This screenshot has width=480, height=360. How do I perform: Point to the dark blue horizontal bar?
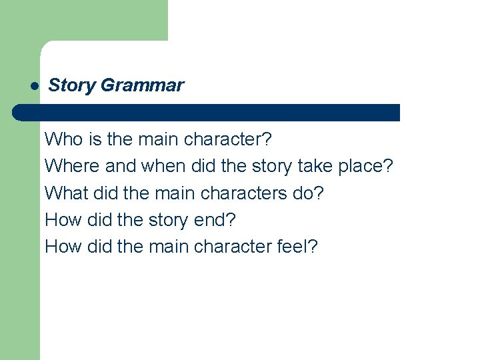[207, 112]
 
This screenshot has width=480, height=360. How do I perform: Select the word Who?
[61, 140]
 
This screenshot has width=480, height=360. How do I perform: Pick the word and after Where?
[120, 167]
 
